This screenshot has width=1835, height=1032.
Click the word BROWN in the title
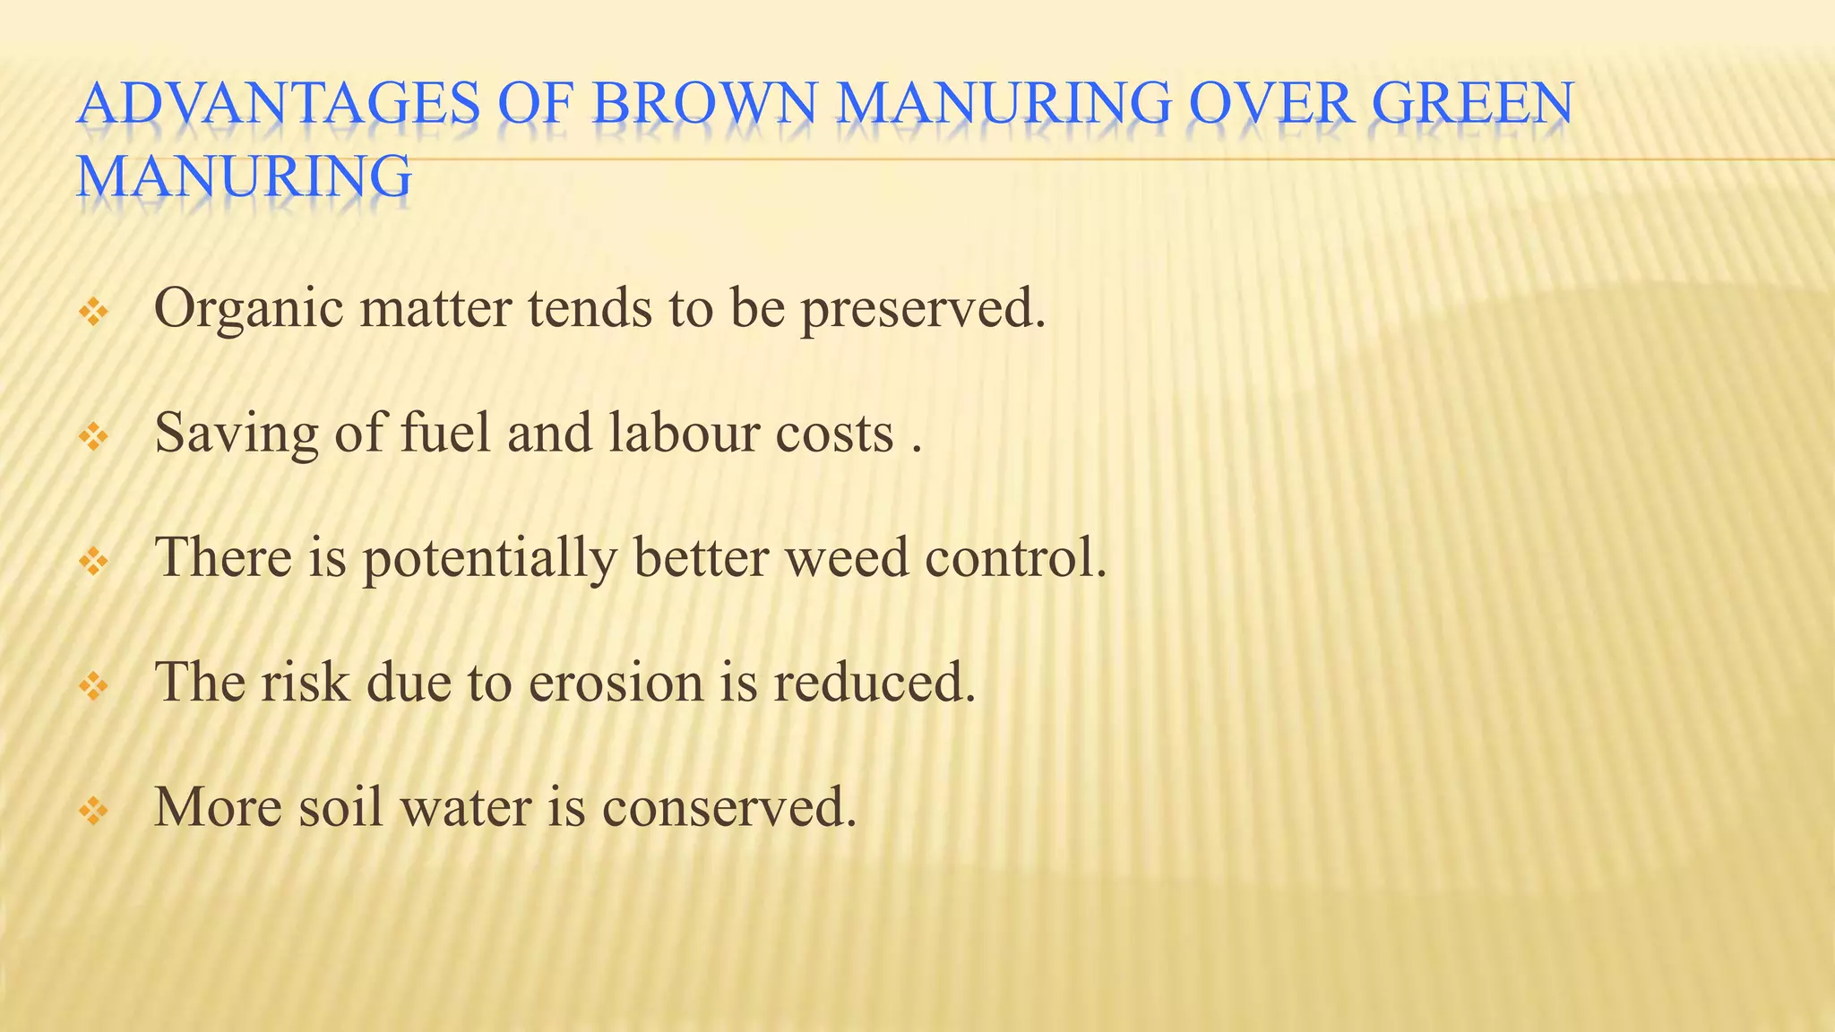click(703, 103)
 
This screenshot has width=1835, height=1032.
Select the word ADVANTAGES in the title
click(279, 103)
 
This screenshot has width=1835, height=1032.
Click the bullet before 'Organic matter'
click(93, 313)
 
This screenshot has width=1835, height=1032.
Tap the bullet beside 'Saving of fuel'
click(93, 437)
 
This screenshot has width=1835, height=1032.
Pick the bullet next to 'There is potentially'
click(93, 562)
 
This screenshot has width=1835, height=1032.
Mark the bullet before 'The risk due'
click(93, 686)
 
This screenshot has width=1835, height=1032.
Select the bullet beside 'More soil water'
click(93, 811)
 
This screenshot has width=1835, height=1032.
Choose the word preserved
click(923, 310)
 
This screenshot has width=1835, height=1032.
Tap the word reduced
click(874, 682)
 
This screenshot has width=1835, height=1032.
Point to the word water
click(466, 806)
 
